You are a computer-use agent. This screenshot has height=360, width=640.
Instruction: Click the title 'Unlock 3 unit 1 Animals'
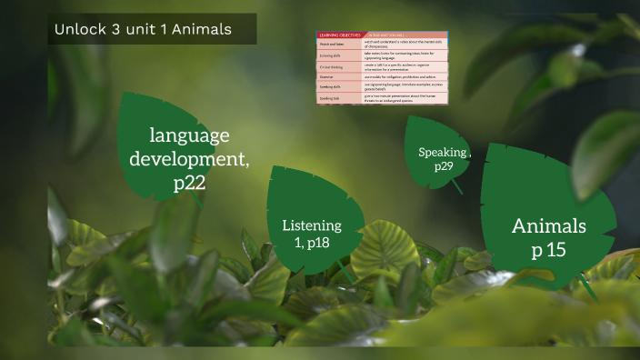tap(143, 30)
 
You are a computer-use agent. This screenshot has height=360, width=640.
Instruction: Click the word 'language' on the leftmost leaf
tap(189, 136)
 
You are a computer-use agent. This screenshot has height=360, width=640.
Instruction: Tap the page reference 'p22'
tap(189, 182)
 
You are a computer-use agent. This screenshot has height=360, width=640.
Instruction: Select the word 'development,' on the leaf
tap(189, 159)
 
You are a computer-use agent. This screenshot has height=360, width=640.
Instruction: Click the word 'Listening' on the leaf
tap(312, 225)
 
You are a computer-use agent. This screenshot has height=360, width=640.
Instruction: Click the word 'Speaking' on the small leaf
tap(443, 152)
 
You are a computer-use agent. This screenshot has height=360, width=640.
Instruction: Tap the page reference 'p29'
tap(444, 166)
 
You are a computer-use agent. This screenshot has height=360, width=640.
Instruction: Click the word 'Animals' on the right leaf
tap(549, 225)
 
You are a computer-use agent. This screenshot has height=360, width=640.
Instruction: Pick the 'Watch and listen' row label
tap(331, 44)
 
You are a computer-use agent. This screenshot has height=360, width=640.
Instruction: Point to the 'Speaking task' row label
tap(330, 97)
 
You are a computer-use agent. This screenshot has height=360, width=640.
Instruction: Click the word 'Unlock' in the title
tap(74, 30)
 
